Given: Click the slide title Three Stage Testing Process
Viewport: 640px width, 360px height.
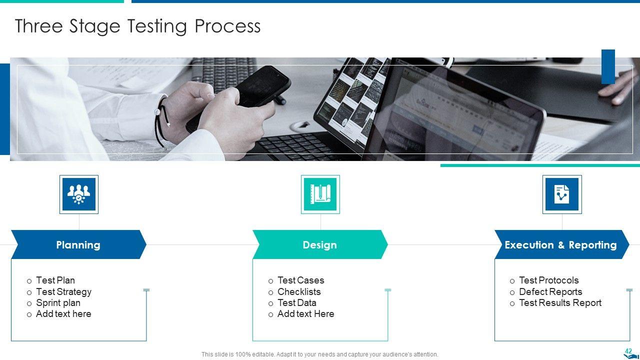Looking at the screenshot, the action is tap(137, 26).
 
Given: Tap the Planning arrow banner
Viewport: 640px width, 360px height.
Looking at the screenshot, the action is tap(79, 244).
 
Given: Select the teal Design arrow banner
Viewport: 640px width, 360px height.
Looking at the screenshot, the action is tap(320, 244).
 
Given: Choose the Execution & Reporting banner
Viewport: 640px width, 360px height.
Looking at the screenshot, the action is tap(561, 244).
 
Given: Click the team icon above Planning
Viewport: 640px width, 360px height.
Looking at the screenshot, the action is tap(79, 194).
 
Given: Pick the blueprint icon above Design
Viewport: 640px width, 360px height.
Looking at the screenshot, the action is tap(320, 194).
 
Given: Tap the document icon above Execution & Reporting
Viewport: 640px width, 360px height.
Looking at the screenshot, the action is tap(562, 194).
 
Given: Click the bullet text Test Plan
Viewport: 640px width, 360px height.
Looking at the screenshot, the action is tap(55, 280).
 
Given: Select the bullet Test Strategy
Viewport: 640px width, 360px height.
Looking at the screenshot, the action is tap(63, 291).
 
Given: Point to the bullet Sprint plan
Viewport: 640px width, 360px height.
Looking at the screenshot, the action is tap(58, 303).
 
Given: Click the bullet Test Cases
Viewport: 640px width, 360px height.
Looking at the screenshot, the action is tap(301, 280).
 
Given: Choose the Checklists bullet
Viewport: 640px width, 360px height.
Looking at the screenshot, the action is tap(299, 291).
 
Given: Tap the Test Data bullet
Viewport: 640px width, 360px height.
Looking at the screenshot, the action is tap(297, 303).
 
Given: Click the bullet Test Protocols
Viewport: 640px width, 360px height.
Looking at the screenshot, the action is tap(549, 280).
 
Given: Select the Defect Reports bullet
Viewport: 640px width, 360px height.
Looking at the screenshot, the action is tap(550, 291).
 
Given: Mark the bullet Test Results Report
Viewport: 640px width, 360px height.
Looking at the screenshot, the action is tap(560, 303).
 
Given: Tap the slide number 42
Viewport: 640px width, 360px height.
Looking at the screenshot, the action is tap(628, 351).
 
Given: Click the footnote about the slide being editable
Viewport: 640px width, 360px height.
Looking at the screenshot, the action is tap(319, 354).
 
